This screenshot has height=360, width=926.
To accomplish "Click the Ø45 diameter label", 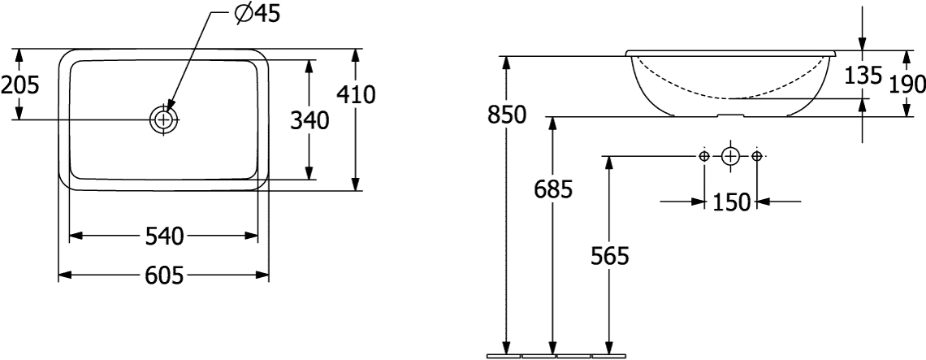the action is (257, 14).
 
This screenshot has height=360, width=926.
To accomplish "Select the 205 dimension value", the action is (19, 85).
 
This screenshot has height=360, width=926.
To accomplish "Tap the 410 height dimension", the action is (356, 94).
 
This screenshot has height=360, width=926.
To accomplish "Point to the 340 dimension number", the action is (309, 120).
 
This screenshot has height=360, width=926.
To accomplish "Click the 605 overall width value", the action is (164, 275).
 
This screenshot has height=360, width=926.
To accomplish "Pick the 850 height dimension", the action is (507, 115).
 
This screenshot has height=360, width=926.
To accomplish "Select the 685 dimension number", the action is (553, 190).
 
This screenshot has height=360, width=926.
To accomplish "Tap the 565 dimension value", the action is (611, 256).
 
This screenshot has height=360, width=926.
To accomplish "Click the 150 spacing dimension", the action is (731, 202).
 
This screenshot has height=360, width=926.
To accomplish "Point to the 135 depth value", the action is (863, 76).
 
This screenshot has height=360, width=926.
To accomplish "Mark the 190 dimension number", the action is (907, 85).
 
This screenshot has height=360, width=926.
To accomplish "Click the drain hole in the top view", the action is (164, 120).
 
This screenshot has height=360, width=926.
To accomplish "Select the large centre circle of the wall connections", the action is (730, 156).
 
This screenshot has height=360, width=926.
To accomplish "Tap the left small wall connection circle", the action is (704, 156).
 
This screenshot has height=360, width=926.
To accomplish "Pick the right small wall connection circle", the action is (757, 156).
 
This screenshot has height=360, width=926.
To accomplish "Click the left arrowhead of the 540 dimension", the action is (76, 236).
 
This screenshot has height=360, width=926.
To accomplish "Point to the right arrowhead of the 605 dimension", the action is (263, 275).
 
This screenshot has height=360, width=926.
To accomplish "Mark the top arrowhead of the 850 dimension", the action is (506, 63).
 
